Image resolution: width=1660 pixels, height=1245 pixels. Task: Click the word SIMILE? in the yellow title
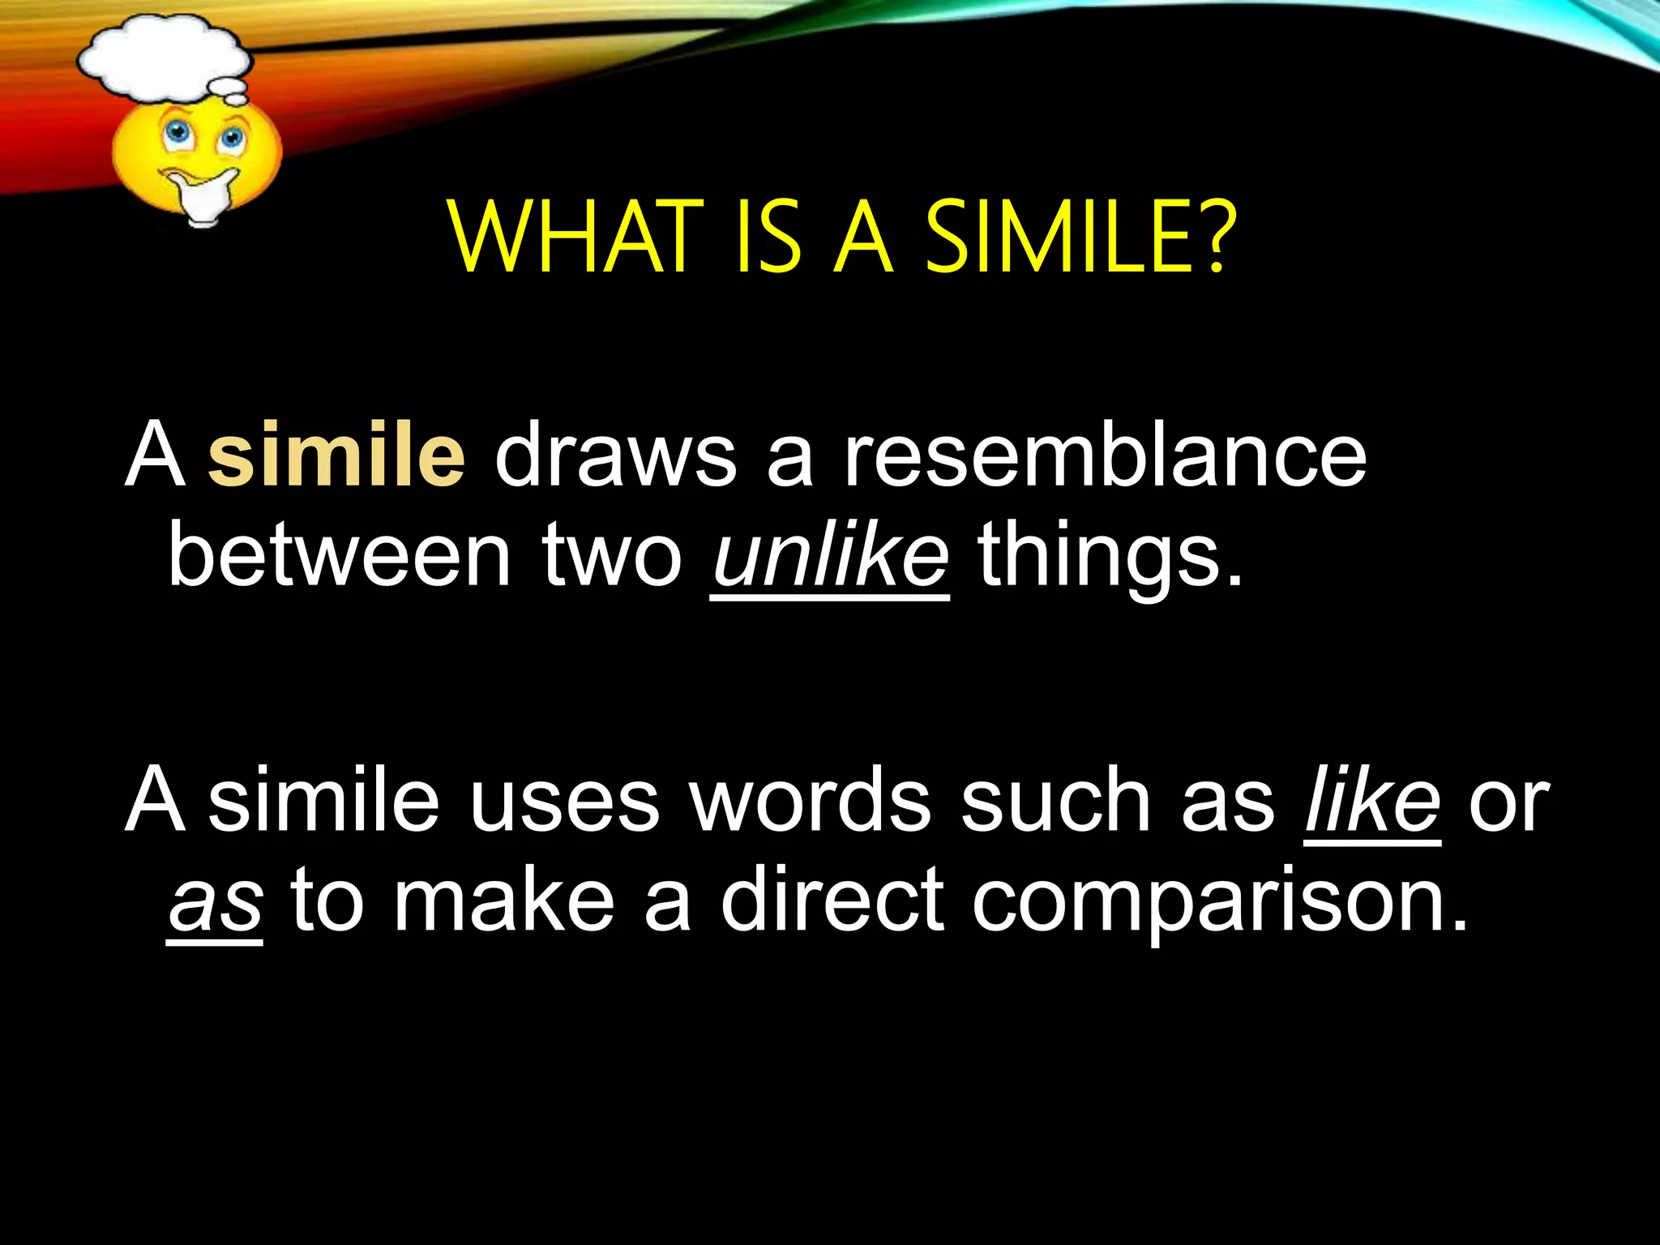click(1081, 237)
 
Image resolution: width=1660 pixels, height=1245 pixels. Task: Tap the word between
click(339, 556)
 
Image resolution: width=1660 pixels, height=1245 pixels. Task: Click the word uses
click(564, 802)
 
